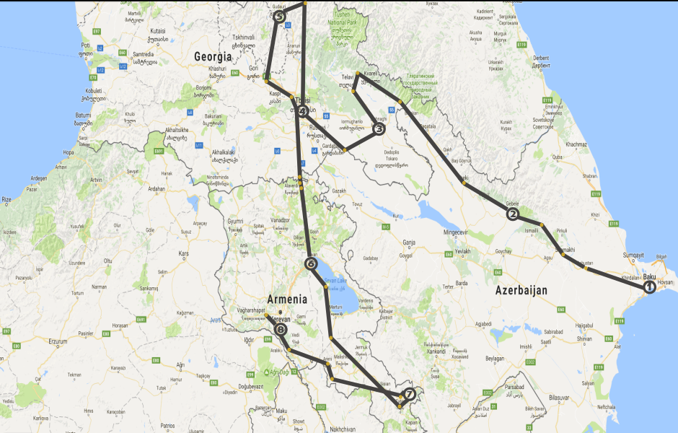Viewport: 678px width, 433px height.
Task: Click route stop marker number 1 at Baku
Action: (x=649, y=287)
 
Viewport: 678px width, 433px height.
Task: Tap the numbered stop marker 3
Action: (x=379, y=129)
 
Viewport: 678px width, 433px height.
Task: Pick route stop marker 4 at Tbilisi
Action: (x=303, y=111)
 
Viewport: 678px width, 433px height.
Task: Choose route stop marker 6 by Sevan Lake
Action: (x=311, y=264)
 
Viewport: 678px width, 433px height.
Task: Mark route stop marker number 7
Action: (x=409, y=394)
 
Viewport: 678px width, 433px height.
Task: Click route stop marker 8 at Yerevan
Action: (x=281, y=328)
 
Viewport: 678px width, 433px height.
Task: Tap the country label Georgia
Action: (x=213, y=56)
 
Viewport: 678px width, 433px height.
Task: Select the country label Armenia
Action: (x=287, y=299)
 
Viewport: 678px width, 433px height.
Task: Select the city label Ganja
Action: (x=410, y=243)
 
